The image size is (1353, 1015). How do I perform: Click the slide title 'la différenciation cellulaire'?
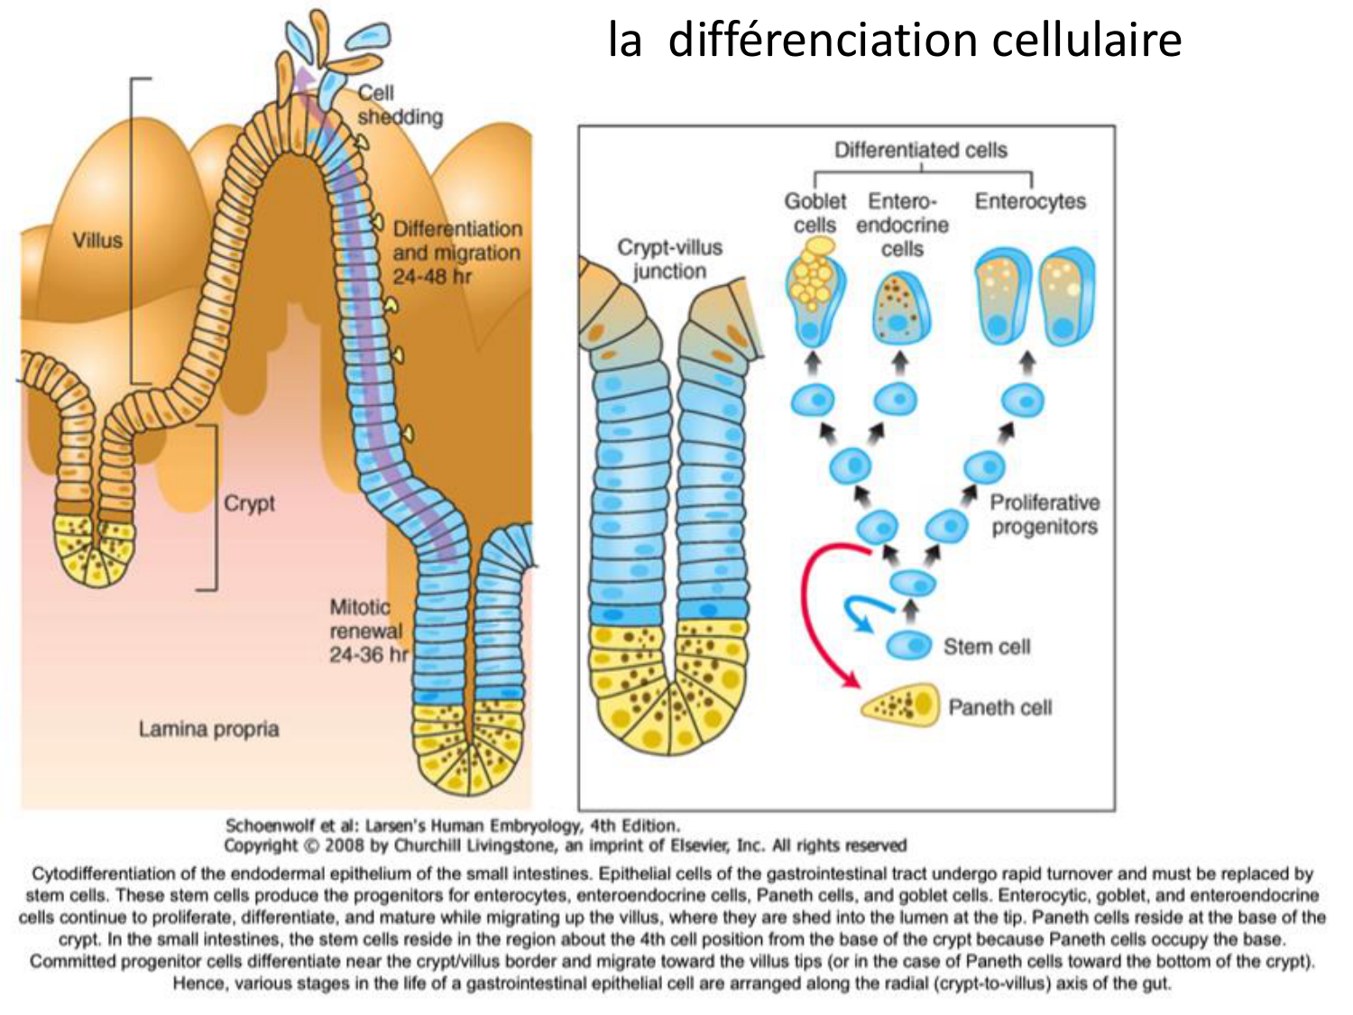click(x=894, y=41)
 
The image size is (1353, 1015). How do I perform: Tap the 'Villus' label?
click(x=97, y=240)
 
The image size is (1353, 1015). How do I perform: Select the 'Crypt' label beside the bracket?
click(x=249, y=503)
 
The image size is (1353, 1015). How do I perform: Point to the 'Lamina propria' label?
click(x=208, y=729)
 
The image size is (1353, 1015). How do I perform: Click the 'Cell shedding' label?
click(x=399, y=105)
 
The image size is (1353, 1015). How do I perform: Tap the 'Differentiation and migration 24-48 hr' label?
click(x=456, y=253)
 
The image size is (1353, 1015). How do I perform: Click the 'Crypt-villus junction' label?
click(x=669, y=259)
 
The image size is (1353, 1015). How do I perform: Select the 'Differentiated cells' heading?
click(x=920, y=150)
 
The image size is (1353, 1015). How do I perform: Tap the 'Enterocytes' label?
click(x=1030, y=201)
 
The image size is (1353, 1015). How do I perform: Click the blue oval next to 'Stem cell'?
click(x=908, y=645)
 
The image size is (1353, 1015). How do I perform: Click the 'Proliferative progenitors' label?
click(x=1045, y=514)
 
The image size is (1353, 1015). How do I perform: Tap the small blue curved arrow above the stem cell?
click(x=860, y=612)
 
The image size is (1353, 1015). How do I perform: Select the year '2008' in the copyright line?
click(x=345, y=845)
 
